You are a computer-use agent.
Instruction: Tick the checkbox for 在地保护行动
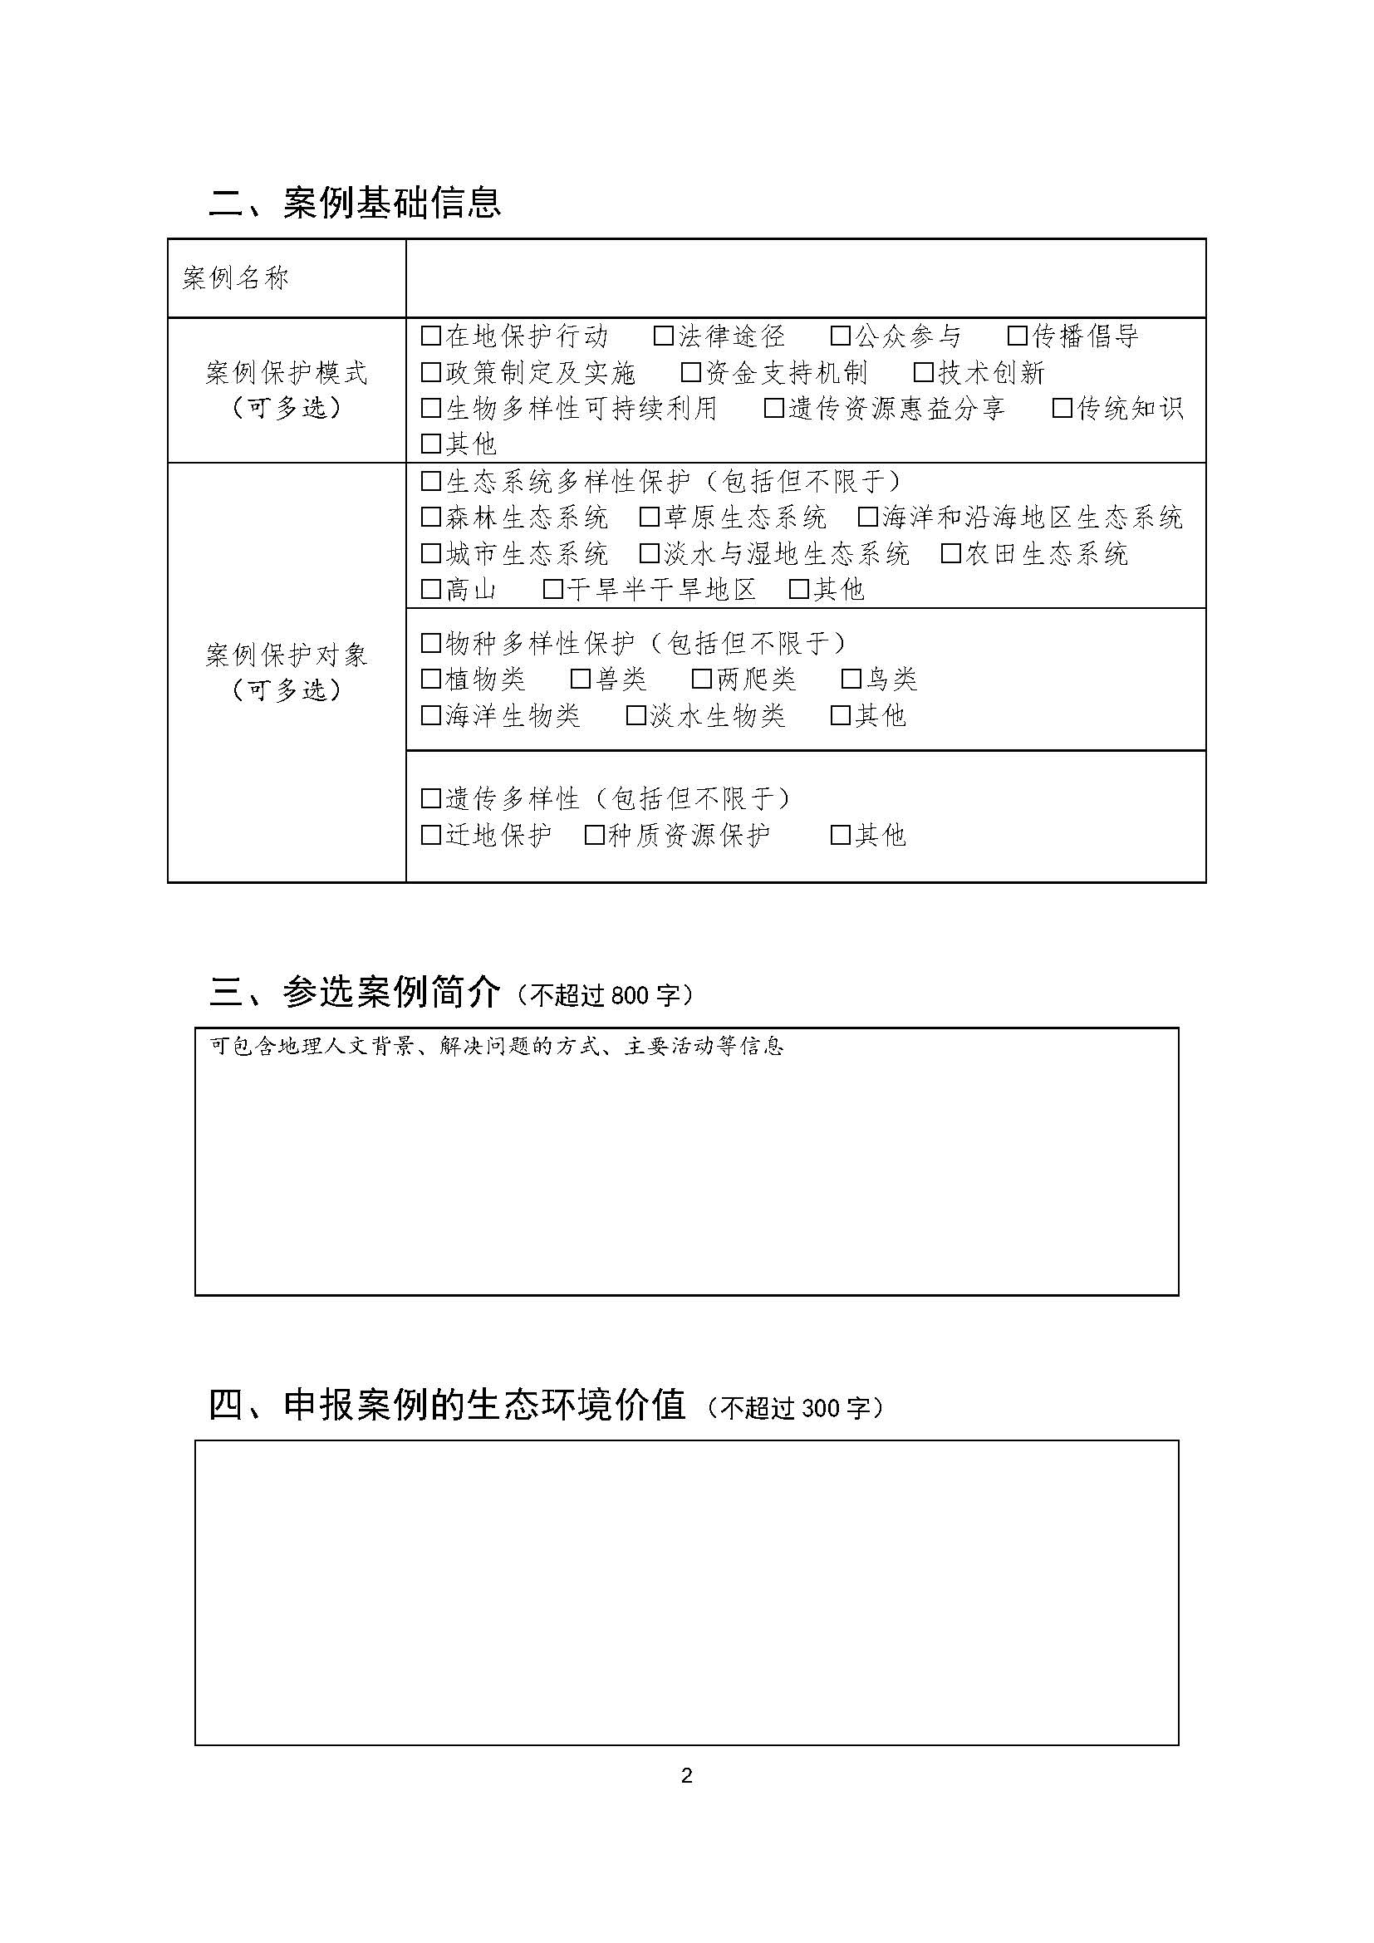coord(430,336)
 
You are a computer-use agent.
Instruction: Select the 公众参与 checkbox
coord(840,336)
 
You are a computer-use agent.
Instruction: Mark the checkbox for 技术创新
coord(924,372)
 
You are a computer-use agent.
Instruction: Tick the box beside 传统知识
coord(1062,408)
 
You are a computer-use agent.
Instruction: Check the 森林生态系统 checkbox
coord(430,516)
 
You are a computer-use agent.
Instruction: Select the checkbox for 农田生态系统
coord(951,553)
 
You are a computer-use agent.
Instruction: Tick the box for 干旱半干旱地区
coord(552,589)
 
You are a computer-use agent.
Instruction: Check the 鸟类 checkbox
coord(851,679)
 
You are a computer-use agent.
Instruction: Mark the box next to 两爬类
coord(701,679)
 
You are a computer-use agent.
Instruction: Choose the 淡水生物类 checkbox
coord(635,716)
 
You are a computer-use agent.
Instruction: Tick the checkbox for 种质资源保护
coord(595,835)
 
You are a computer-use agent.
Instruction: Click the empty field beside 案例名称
coord(806,278)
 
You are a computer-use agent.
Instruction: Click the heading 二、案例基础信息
coord(356,202)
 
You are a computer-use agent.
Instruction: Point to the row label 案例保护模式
coord(286,372)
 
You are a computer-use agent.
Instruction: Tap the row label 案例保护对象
coord(286,655)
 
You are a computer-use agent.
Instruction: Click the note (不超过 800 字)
coord(604,995)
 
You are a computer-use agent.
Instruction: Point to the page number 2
coord(686,1775)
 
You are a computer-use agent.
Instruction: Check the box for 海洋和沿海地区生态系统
coord(867,516)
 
